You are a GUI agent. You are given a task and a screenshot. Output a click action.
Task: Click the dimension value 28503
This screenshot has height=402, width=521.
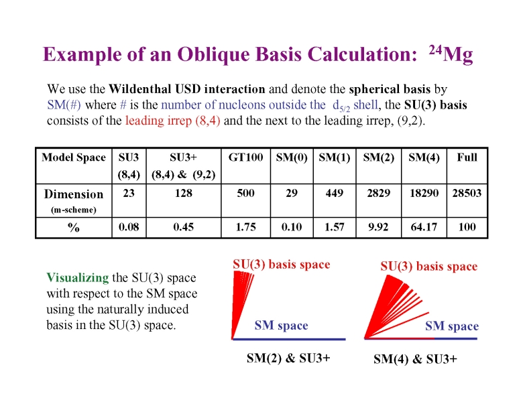pyautogui.click(x=467, y=193)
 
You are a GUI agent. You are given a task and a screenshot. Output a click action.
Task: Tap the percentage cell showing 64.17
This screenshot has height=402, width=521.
pyautogui.click(x=424, y=227)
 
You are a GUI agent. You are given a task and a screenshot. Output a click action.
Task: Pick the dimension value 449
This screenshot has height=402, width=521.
pyautogui.click(x=334, y=193)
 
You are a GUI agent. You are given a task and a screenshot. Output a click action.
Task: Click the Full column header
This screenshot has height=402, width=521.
pyautogui.click(x=467, y=157)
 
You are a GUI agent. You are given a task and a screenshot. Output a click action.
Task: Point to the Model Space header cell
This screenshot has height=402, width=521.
pyautogui.click(x=74, y=157)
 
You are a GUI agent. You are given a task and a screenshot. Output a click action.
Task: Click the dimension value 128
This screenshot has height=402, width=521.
pyautogui.click(x=182, y=193)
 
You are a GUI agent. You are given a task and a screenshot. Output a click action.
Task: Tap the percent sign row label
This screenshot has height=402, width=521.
pyautogui.click(x=74, y=227)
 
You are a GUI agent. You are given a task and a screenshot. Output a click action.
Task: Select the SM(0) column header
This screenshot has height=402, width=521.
pyautogui.click(x=292, y=157)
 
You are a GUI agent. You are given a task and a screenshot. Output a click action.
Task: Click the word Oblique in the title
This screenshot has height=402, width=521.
pyautogui.click(x=212, y=54)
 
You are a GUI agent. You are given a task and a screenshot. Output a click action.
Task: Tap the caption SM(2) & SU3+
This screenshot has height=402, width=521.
pyautogui.click(x=288, y=358)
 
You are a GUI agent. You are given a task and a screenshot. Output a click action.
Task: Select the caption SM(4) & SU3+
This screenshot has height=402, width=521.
pyautogui.click(x=415, y=358)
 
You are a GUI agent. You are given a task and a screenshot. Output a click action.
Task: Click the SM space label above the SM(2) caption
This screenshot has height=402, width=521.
pyautogui.click(x=281, y=326)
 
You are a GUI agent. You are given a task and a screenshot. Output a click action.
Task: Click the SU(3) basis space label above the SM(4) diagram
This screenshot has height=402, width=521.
pyautogui.click(x=428, y=266)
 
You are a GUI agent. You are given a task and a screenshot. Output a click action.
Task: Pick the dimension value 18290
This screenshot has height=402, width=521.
pyautogui.click(x=424, y=193)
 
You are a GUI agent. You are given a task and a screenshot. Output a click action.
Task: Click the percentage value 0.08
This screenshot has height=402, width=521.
pyautogui.click(x=129, y=227)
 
